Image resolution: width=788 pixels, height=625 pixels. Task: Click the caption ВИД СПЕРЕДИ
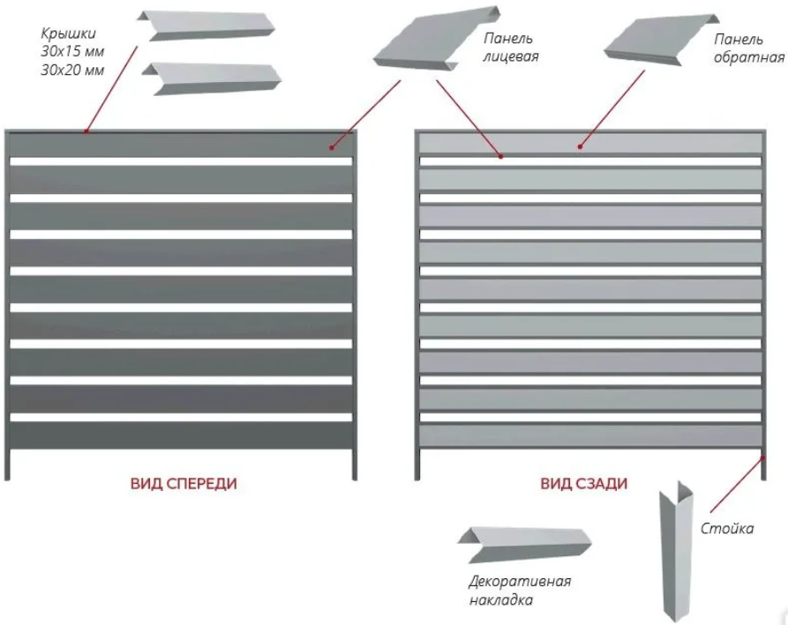(x=184, y=483)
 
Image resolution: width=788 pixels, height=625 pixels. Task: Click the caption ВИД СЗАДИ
(x=584, y=483)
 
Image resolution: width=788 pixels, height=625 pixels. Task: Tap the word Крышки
(x=68, y=34)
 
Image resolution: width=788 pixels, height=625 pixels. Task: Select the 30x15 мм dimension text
(x=72, y=52)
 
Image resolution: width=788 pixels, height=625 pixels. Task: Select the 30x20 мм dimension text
(x=72, y=70)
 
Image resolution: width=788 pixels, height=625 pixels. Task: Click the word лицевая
(x=511, y=56)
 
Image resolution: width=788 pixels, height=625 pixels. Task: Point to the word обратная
(x=749, y=57)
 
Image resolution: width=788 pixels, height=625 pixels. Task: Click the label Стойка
(x=727, y=528)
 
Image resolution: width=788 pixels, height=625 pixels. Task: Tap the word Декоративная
(x=520, y=581)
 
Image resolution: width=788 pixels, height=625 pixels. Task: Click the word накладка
(x=500, y=600)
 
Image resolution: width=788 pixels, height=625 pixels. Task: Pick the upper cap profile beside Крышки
(x=206, y=26)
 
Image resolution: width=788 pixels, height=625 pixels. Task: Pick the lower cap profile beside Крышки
(x=212, y=78)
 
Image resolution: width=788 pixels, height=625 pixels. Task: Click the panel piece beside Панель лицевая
(x=437, y=40)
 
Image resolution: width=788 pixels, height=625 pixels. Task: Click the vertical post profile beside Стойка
(x=676, y=551)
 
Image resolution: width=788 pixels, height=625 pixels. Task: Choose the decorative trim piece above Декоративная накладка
(x=524, y=545)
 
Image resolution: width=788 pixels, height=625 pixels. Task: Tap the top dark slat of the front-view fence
(x=181, y=145)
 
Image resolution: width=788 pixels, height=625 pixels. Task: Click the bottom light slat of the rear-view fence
(x=590, y=435)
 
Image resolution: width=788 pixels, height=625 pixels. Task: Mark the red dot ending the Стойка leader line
(x=762, y=458)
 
